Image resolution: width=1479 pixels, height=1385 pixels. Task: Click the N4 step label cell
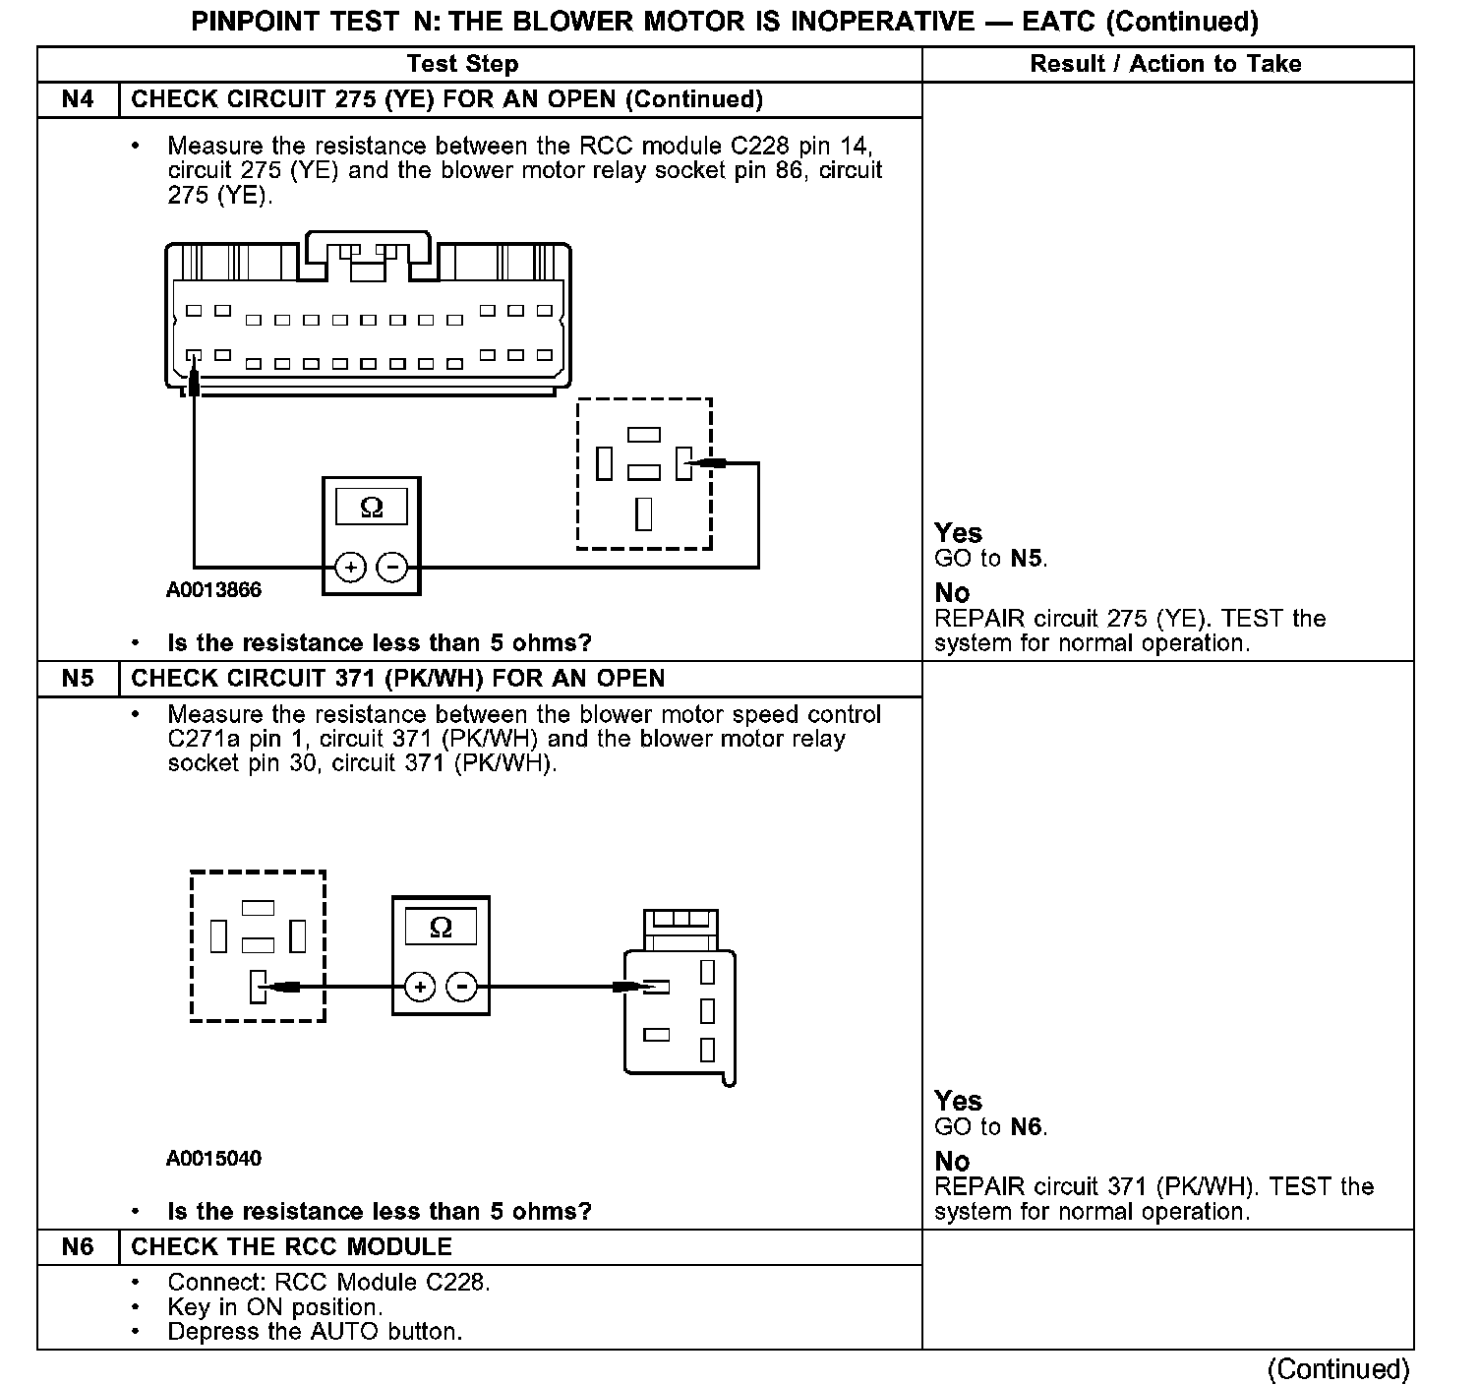point(78,100)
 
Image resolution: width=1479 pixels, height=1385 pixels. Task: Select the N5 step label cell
point(78,679)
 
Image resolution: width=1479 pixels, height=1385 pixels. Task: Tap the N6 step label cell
point(78,1247)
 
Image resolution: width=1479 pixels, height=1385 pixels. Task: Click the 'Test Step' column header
point(462,65)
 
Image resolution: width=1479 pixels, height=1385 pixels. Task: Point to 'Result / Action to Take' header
point(1165,65)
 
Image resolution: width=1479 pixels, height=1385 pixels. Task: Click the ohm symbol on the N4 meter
point(372,508)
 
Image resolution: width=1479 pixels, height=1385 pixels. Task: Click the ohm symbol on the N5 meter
point(441,928)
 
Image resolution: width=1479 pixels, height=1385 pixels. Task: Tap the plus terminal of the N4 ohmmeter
point(351,568)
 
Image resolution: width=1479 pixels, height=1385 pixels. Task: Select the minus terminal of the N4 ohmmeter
point(392,568)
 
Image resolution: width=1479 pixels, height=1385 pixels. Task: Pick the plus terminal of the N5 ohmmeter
point(420,987)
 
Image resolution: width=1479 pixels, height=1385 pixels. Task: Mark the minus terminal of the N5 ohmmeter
point(461,987)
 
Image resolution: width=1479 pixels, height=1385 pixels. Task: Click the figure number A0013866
point(213,590)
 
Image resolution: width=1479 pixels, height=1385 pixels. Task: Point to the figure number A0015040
point(213,1159)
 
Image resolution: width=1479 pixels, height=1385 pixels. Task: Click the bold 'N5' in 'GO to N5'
point(1026,560)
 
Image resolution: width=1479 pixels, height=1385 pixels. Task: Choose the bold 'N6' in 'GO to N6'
point(1026,1127)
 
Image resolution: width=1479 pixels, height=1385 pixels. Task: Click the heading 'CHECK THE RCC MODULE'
point(291,1247)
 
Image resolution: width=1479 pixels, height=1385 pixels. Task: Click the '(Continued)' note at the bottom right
point(1338,1368)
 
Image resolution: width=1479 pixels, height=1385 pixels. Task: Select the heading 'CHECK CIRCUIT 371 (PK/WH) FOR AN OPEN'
point(397,679)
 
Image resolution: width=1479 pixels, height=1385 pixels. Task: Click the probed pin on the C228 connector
point(194,355)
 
